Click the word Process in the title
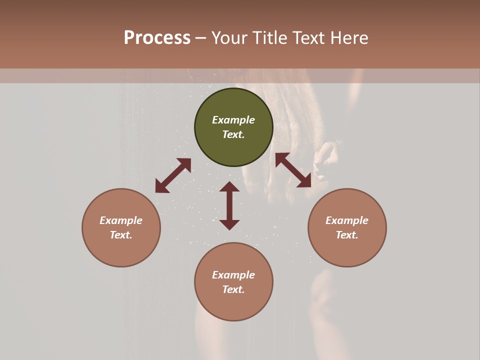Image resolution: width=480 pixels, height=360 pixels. [157, 38]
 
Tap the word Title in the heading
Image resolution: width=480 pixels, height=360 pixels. [270, 38]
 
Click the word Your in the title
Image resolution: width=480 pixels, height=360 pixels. [231, 38]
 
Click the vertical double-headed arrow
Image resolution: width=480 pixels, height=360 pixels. [229, 205]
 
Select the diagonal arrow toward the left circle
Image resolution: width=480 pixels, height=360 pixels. [173, 175]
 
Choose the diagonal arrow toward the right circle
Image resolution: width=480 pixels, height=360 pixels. [293, 170]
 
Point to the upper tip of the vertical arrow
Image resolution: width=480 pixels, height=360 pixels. [229, 183]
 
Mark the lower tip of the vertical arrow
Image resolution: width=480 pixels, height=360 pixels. [229, 228]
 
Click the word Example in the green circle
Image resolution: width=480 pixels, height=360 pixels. [233, 120]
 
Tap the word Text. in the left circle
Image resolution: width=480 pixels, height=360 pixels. [121, 235]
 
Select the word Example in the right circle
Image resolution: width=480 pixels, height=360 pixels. [347, 220]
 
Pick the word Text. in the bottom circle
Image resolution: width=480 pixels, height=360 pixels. [233, 289]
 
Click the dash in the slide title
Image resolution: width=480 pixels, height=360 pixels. [201, 38]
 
